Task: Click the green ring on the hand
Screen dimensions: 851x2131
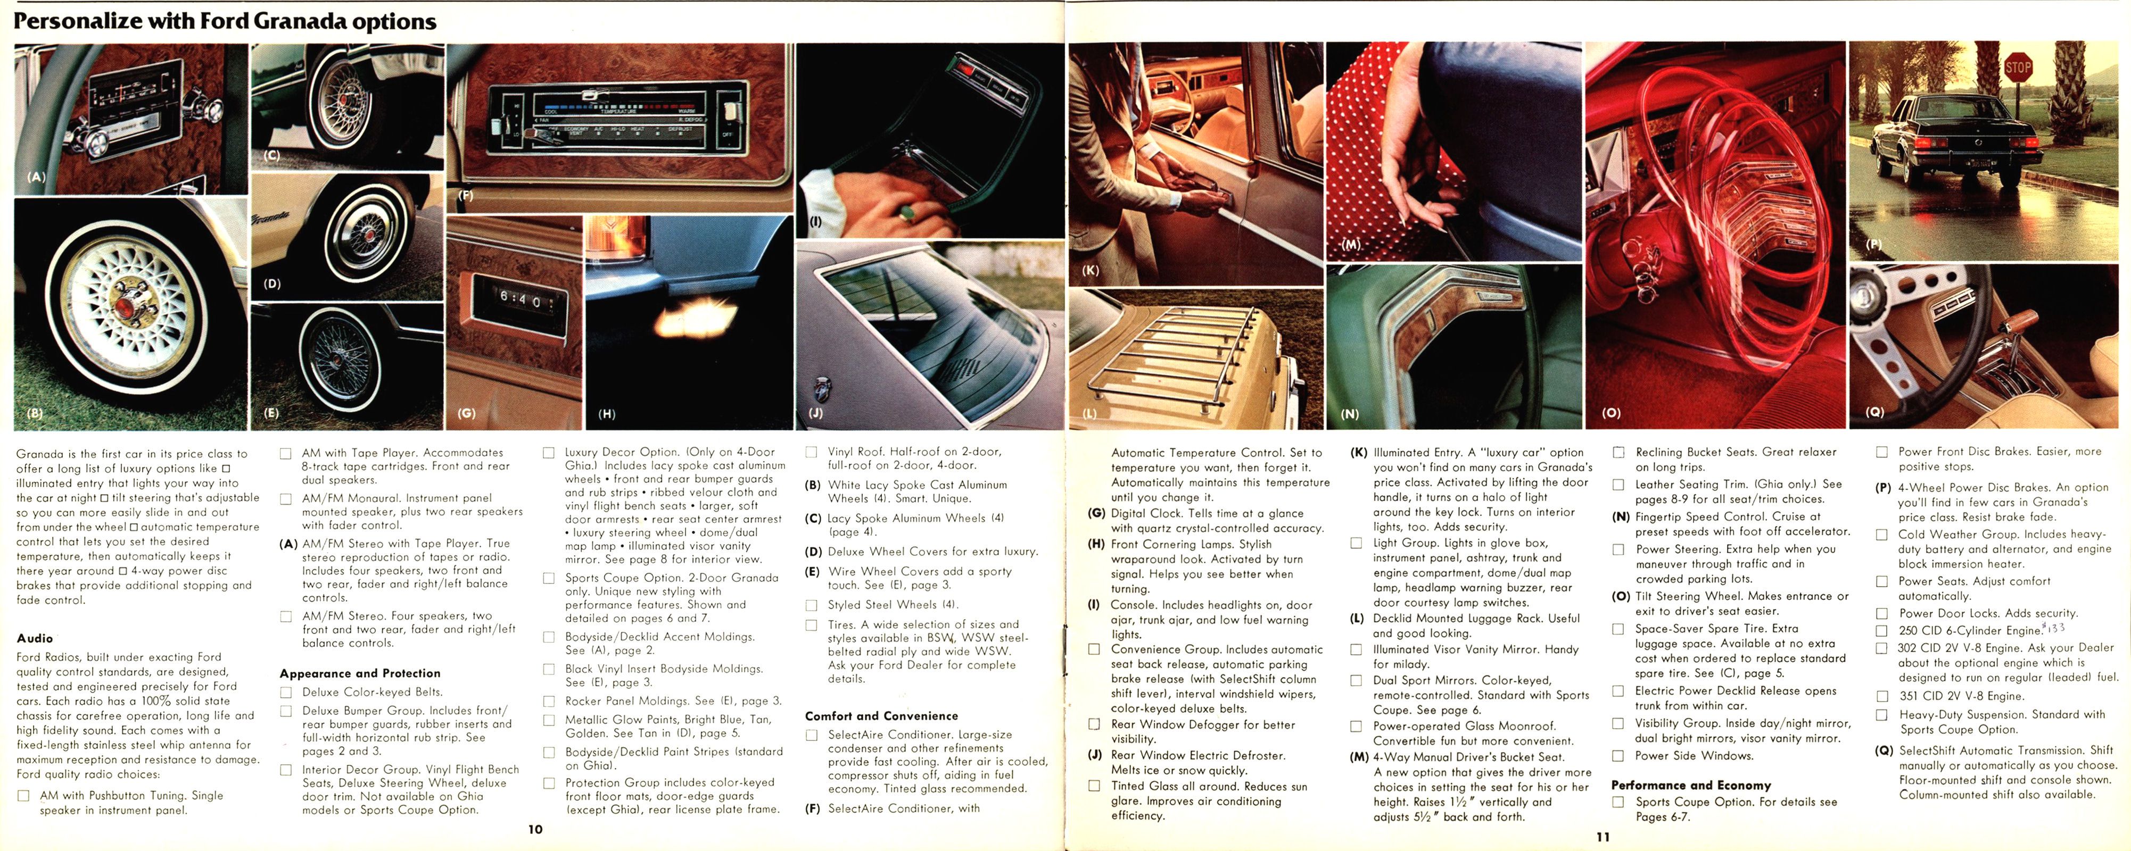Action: click(x=907, y=214)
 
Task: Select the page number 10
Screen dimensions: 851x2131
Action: click(x=535, y=829)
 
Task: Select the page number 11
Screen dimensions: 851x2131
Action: click(x=1603, y=836)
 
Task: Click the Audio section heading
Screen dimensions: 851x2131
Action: click(x=35, y=638)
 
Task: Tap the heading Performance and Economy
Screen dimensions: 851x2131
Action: click(x=1690, y=785)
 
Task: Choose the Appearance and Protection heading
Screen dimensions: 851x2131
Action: click(x=359, y=673)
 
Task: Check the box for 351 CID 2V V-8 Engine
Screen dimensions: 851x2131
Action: click(x=1882, y=696)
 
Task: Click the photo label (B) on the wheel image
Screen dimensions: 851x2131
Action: click(x=35, y=413)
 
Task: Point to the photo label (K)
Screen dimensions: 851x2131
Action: click(x=1091, y=270)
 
